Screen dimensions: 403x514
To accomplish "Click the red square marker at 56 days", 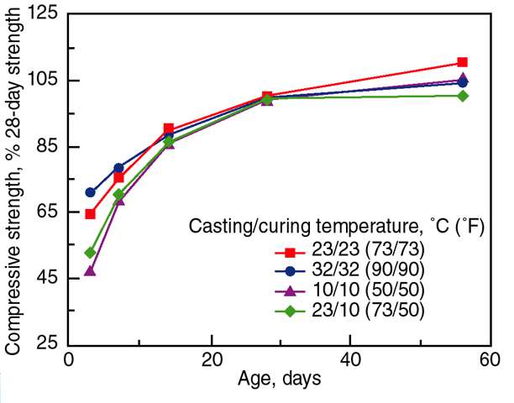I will pos(463,62).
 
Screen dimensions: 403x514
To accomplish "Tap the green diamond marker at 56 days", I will pos(463,96).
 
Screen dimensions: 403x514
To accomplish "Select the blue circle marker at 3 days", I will pos(90,192).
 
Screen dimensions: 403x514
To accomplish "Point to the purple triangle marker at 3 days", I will pos(90,270).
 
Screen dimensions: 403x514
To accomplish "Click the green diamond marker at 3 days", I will pos(90,252).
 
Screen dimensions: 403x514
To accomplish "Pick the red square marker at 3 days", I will pos(90,213).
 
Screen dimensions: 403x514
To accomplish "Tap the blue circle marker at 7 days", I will pos(118,168).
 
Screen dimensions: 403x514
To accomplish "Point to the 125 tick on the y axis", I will pos(50,14).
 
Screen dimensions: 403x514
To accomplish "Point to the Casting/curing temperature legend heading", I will pos(336,227).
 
